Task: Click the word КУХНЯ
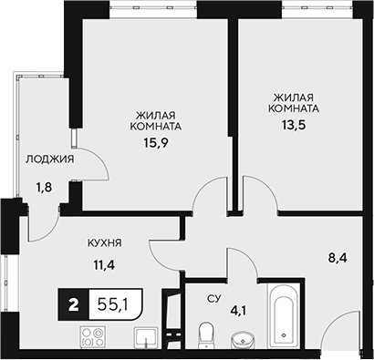tap(105, 243)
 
